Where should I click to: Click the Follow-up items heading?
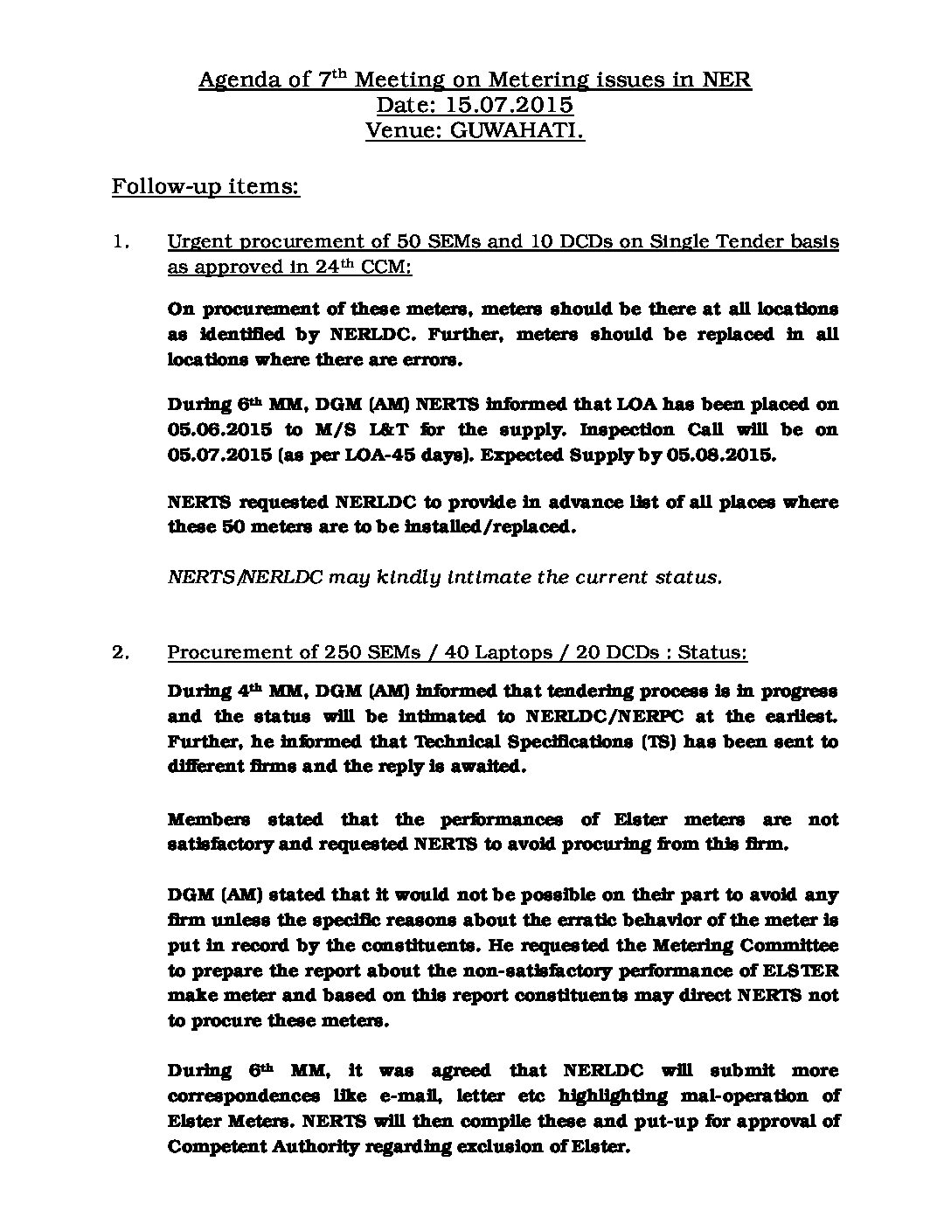point(205,188)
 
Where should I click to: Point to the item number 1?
point(121,242)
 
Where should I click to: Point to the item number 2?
point(121,653)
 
